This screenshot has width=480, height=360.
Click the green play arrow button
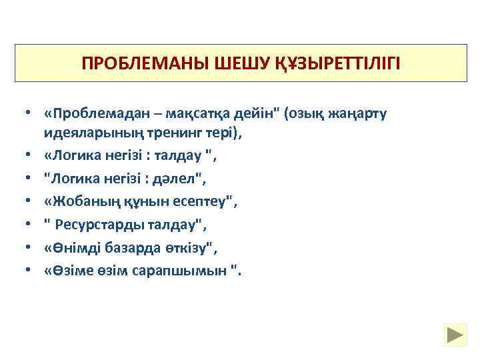click(456, 334)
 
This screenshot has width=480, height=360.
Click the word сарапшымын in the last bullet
click(187, 269)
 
